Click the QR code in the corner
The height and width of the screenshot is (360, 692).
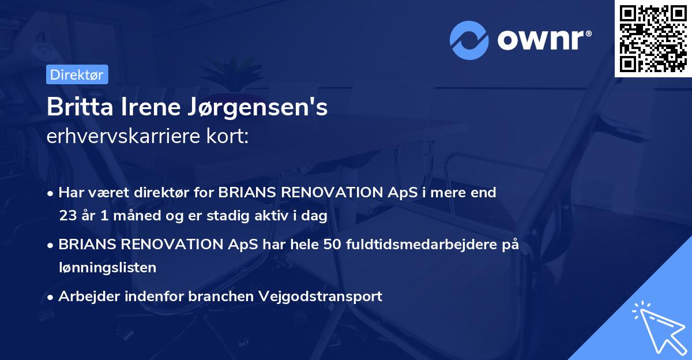click(x=652, y=39)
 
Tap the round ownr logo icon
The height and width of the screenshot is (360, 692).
click(x=469, y=40)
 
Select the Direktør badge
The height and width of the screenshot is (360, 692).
click(x=77, y=74)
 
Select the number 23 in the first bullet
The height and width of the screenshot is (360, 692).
click(x=67, y=216)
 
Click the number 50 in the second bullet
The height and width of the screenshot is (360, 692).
click(x=332, y=244)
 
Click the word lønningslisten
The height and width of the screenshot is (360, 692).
click(x=107, y=267)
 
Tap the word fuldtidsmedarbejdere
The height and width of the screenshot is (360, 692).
click(x=424, y=244)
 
